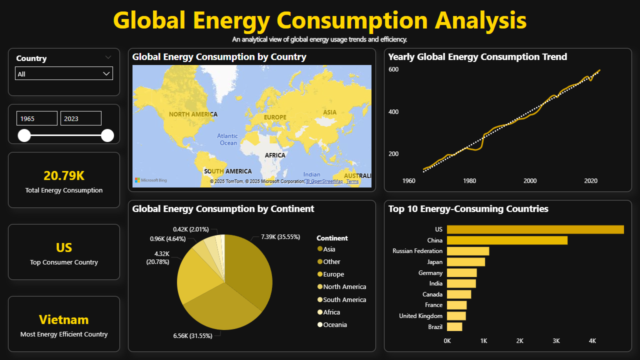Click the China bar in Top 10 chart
(507, 240)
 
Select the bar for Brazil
(454, 327)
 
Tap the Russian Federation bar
(468, 251)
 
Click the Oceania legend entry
(334, 325)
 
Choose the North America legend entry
(344, 287)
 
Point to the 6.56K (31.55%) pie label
(192, 336)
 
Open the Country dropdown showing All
(64, 74)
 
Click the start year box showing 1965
(36, 118)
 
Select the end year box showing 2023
(80, 118)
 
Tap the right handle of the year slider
(107, 135)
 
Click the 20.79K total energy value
(64, 175)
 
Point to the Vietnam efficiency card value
(64, 320)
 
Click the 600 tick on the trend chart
(393, 69)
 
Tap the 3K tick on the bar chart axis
(556, 341)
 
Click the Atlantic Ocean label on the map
(228, 139)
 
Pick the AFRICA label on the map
(274, 155)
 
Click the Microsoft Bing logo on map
(151, 180)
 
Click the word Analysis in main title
(480, 21)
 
